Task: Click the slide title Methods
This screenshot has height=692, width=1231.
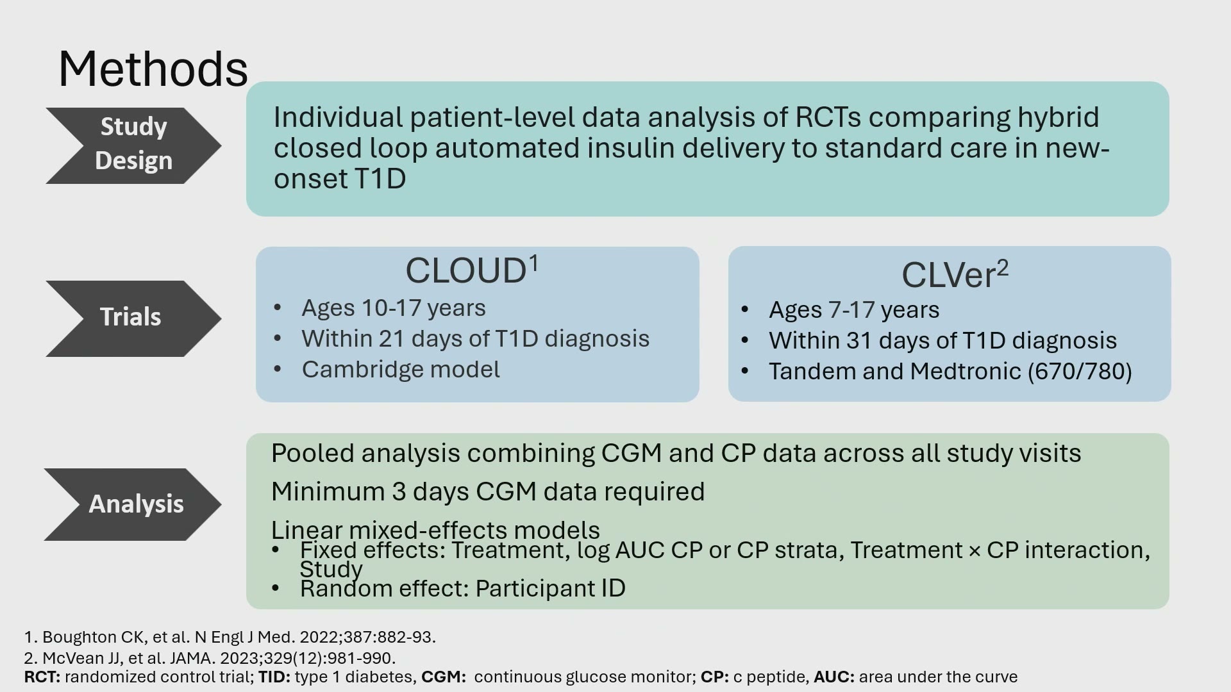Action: click(153, 69)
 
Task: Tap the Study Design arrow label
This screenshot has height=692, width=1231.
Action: click(133, 144)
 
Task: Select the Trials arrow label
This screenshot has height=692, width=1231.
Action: click(131, 317)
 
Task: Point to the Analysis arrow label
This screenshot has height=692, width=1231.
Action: click(136, 504)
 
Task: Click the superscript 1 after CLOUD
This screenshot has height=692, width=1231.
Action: click(533, 263)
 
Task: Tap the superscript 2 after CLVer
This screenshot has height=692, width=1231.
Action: click(1003, 268)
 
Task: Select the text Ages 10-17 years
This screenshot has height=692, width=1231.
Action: click(394, 308)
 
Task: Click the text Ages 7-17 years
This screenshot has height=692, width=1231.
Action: click(854, 310)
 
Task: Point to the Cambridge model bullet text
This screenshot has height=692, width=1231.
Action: click(401, 370)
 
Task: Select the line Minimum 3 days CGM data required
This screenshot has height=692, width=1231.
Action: click(488, 491)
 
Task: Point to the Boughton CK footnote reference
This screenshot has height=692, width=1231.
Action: click(230, 637)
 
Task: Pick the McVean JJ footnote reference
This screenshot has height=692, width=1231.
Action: click(210, 658)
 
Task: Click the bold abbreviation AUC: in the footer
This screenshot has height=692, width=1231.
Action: click(834, 677)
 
